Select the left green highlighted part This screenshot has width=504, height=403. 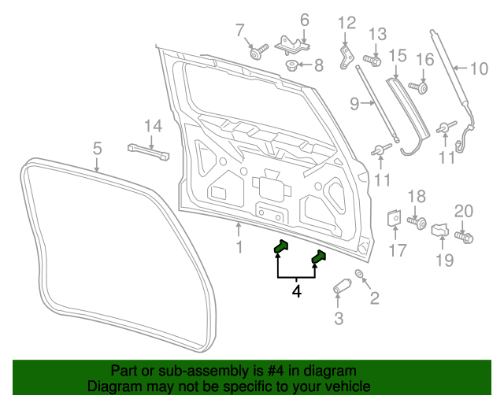click(280, 247)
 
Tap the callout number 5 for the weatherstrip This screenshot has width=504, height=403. click(97, 148)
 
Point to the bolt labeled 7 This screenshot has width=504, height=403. click(258, 54)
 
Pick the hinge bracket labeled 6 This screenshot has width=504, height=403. click(294, 44)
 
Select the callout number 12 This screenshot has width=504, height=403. click(347, 23)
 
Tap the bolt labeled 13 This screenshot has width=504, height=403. click(372, 59)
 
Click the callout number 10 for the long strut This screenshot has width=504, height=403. click(479, 68)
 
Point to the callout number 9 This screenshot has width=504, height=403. click(354, 102)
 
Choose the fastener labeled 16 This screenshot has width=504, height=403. click(421, 87)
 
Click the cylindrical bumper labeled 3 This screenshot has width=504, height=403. click(342, 286)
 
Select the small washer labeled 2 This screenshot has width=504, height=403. click(360, 274)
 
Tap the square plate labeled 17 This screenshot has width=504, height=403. click(395, 222)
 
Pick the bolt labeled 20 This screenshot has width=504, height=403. click(463, 236)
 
